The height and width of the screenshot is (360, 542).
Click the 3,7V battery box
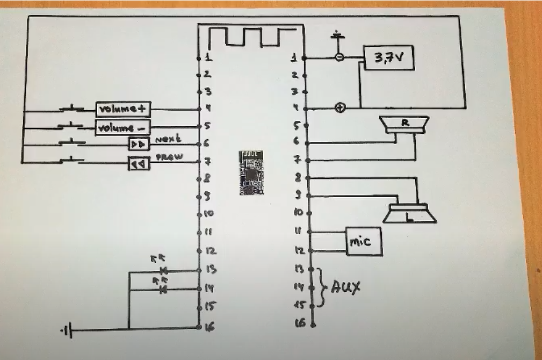point(389,57)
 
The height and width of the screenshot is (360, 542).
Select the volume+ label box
point(123,109)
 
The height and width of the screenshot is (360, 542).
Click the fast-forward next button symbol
point(139,144)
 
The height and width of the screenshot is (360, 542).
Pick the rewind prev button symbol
point(139,163)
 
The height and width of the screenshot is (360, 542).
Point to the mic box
point(363,242)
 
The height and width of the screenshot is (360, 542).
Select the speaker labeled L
point(409,213)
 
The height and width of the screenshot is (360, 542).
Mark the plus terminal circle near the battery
point(339,108)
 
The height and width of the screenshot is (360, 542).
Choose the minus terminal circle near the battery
point(339,57)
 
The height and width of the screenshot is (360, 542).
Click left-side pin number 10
point(209,213)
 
